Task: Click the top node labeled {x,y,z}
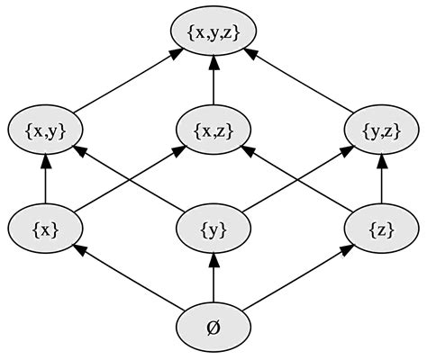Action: click(213, 33)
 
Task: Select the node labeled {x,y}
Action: click(45, 131)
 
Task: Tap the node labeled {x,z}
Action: click(213, 131)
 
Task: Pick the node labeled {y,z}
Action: click(382, 131)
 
